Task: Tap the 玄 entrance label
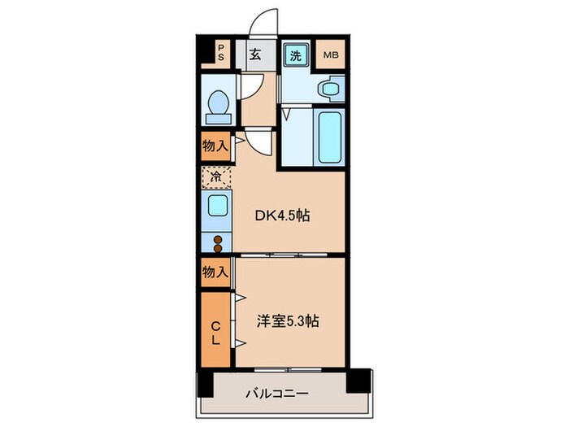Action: (x=254, y=56)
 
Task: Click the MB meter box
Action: (x=332, y=56)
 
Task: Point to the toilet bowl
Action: (x=217, y=106)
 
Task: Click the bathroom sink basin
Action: (x=331, y=89)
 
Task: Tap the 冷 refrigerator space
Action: (x=216, y=176)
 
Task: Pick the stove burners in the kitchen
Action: (x=217, y=239)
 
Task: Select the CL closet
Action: (x=215, y=332)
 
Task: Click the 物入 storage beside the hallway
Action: (x=215, y=147)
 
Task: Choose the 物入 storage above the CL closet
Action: (x=215, y=272)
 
